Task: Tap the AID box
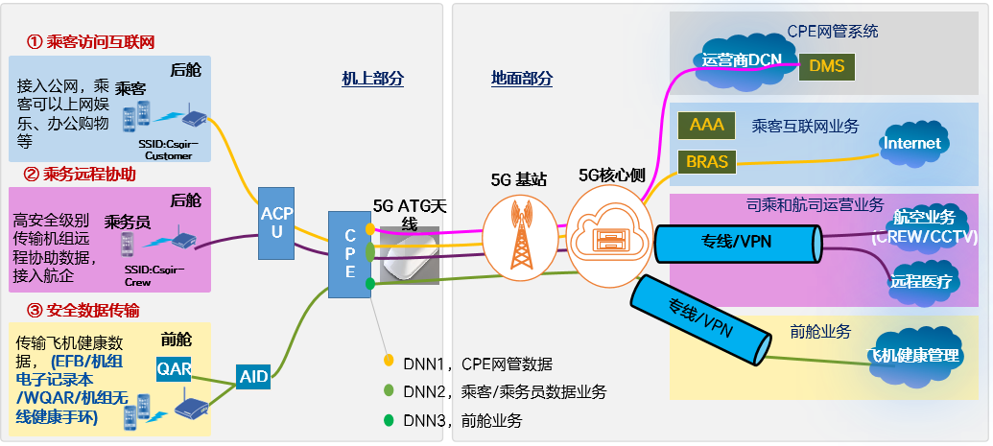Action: pos(253,377)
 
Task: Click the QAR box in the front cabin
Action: pos(175,368)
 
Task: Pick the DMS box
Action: pos(827,66)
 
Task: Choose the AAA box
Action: pos(707,124)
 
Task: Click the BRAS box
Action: pos(707,161)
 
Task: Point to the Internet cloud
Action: pos(912,144)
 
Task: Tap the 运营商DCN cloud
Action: pos(741,59)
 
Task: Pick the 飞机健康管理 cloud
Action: pos(913,355)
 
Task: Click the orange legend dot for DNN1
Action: pos(389,362)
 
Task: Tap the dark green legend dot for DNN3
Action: pos(389,420)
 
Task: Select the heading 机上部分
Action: pos(373,79)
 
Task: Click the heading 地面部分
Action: pos(521,79)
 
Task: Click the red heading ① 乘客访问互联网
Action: pos(90,42)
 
